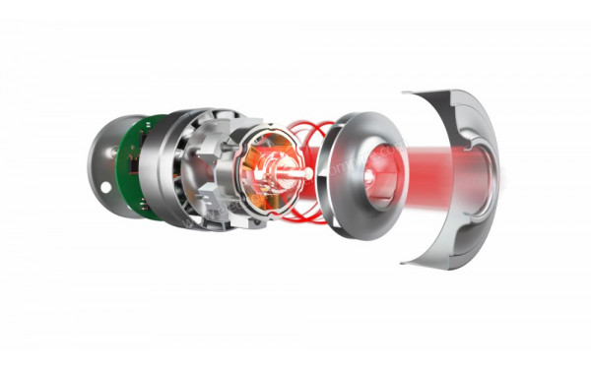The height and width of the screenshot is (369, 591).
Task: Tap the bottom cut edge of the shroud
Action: click(x=433, y=258)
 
